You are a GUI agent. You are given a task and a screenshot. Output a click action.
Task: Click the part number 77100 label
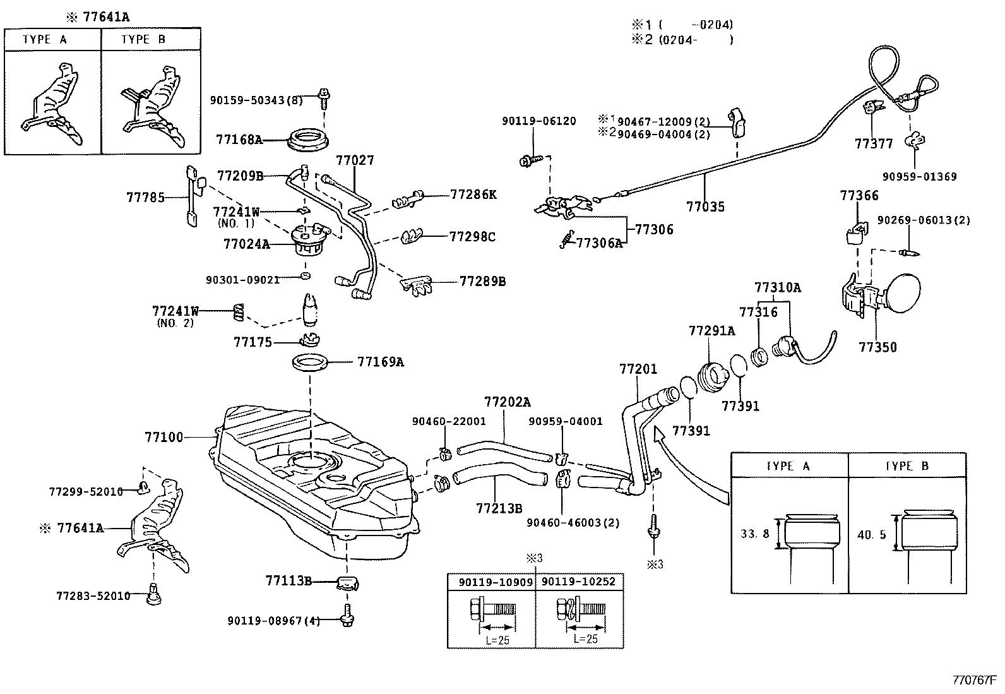pyautogui.click(x=164, y=437)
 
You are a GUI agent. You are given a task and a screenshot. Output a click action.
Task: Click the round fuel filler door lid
pyautogui.click(x=907, y=294)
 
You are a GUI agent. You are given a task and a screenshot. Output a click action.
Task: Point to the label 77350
pyautogui.click(x=877, y=347)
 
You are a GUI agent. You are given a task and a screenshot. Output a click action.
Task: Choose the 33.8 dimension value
pyautogui.click(x=754, y=534)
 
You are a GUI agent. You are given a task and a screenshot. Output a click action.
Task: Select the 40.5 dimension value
pyautogui.click(x=872, y=535)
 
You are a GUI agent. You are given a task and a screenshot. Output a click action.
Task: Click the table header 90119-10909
pyautogui.click(x=491, y=582)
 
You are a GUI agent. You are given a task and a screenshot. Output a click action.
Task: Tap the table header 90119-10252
pyautogui.click(x=578, y=582)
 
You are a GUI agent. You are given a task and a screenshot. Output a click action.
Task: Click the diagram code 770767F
pyautogui.click(x=973, y=681)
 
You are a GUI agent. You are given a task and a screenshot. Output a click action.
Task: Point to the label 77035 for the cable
pyautogui.click(x=705, y=206)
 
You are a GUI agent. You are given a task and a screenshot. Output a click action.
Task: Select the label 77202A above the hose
pyautogui.click(x=508, y=402)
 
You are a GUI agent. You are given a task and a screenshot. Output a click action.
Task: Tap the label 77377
pyautogui.click(x=874, y=144)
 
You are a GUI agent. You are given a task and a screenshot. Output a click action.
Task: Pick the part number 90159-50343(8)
pyautogui.click(x=256, y=100)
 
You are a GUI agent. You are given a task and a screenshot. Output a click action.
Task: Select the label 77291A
pyautogui.click(x=711, y=330)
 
